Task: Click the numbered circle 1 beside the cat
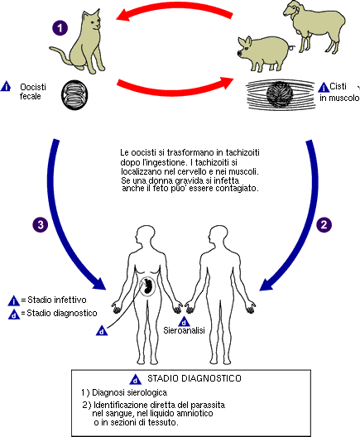coord(60,28)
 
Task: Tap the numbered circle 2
coord(324,224)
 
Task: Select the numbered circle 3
coord(41,224)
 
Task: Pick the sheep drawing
coord(314,26)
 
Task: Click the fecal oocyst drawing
coord(74,95)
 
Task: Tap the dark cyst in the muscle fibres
coord(280,94)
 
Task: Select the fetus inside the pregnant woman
coord(148,286)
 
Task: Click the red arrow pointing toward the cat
coord(173,9)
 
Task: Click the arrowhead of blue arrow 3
coord(98,283)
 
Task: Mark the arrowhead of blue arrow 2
coord(267,284)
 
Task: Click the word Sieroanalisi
coord(184,330)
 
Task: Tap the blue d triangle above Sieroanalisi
coord(184,322)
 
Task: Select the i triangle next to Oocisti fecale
coord(6,86)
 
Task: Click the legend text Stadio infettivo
coord(57,300)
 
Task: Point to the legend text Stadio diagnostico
coord(62,313)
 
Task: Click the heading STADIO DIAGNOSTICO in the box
coord(194,378)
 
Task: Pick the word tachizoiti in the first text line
coord(242,153)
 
